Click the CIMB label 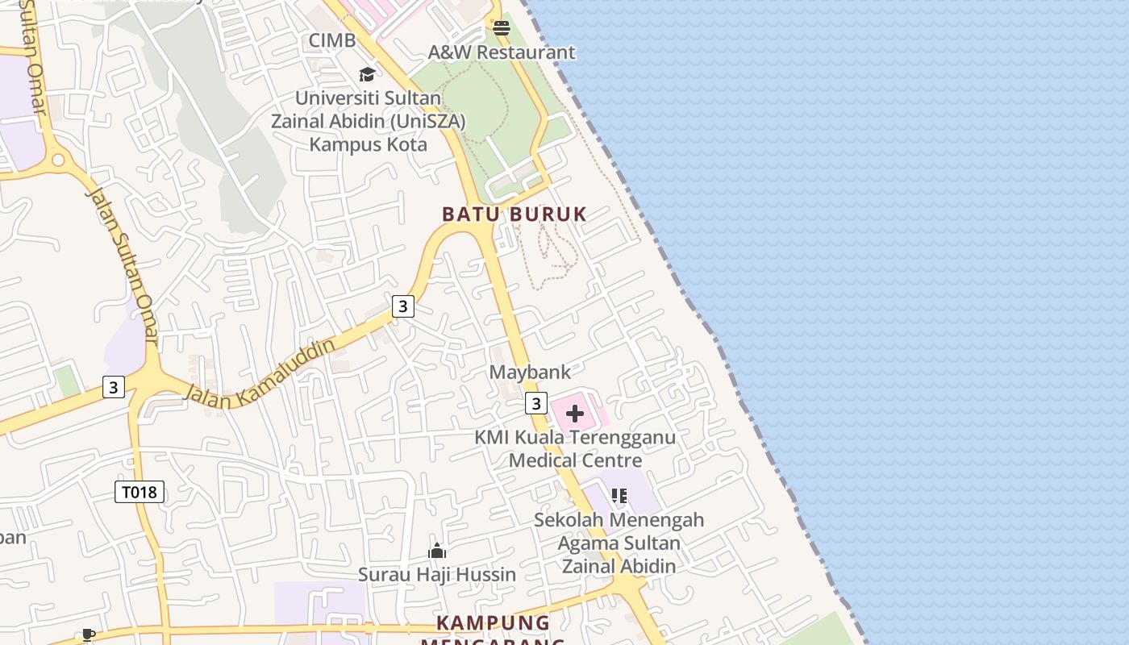click(332, 40)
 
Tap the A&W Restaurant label click(502, 52)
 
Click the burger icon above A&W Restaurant click(502, 29)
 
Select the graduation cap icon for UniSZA click(368, 75)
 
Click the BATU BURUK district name click(515, 214)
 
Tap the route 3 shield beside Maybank click(536, 403)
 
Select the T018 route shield click(140, 492)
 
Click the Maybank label click(530, 372)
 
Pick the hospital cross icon click(575, 414)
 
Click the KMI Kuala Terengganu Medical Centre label click(575, 448)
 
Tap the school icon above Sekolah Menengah click(619, 496)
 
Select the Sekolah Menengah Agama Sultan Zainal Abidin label click(619, 543)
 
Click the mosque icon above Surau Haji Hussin click(437, 551)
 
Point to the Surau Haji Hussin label click(437, 575)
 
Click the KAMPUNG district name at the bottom click(493, 623)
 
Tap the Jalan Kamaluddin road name click(260, 372)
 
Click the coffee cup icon click(89, 635)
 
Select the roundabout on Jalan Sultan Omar click(58, 160)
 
